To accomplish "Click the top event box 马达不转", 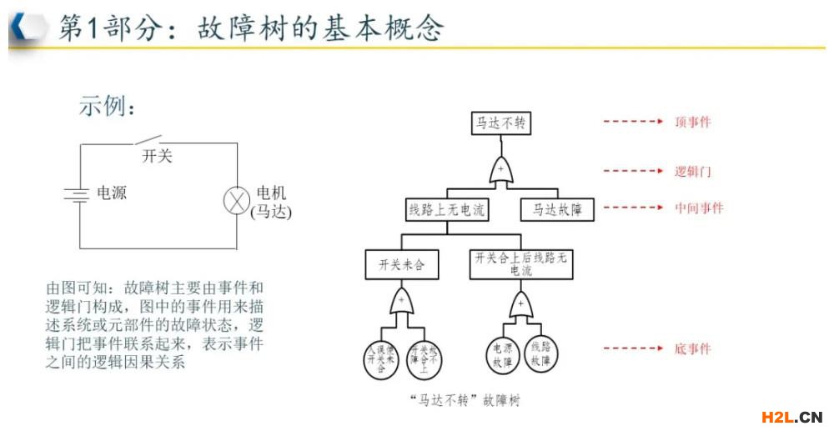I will coord(500,123).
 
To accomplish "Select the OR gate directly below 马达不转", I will coord(500,169).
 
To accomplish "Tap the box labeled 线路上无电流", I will coord(446,209).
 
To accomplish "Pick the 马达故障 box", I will coord(557,209).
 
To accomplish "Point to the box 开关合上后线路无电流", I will coord(521,264).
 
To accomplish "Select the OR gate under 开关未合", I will coord(401,302).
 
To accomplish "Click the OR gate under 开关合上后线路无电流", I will coord(521,304).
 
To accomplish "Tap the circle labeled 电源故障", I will coord(502,353).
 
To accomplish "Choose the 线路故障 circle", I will coord(540,353).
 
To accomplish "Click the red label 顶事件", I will coord(693,122).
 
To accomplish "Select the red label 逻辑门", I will coord(693,171).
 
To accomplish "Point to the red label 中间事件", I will coord(699,208).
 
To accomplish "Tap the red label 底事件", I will coord(693,348).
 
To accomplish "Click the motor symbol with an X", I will coord(238,201).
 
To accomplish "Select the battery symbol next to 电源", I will coord(77,194).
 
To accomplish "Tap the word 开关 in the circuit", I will coord(157,156).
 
